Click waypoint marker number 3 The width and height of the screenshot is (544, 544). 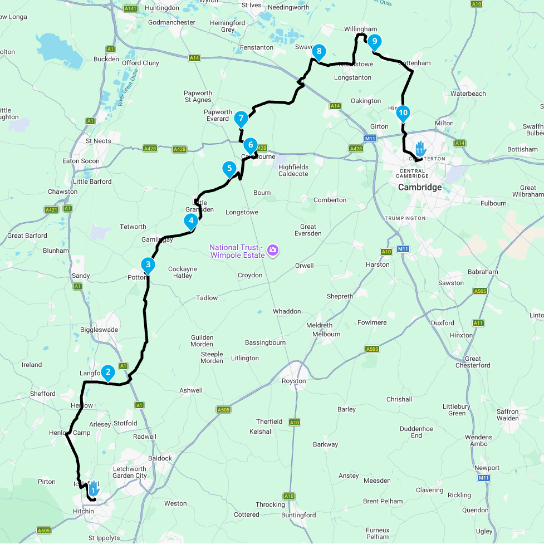pos(148,264)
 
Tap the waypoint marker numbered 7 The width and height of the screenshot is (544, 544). pos(241,119)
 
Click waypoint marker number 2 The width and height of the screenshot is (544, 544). pos(107,372)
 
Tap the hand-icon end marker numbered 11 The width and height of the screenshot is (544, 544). pos(420,149)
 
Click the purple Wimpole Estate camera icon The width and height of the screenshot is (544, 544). pos(272,250)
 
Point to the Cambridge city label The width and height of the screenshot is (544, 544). pos(420,187)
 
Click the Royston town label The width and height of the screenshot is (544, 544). pos(293,381)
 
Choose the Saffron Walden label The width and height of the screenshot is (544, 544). pos(507,415)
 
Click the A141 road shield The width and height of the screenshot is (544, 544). pos(131,8)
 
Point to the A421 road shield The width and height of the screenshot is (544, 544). pos(51,209)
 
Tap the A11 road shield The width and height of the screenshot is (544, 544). pos(478,323)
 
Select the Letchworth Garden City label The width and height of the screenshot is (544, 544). pos(129,472)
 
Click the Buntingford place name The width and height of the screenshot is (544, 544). pos(298,515)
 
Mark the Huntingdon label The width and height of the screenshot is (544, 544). pos(161,8)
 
